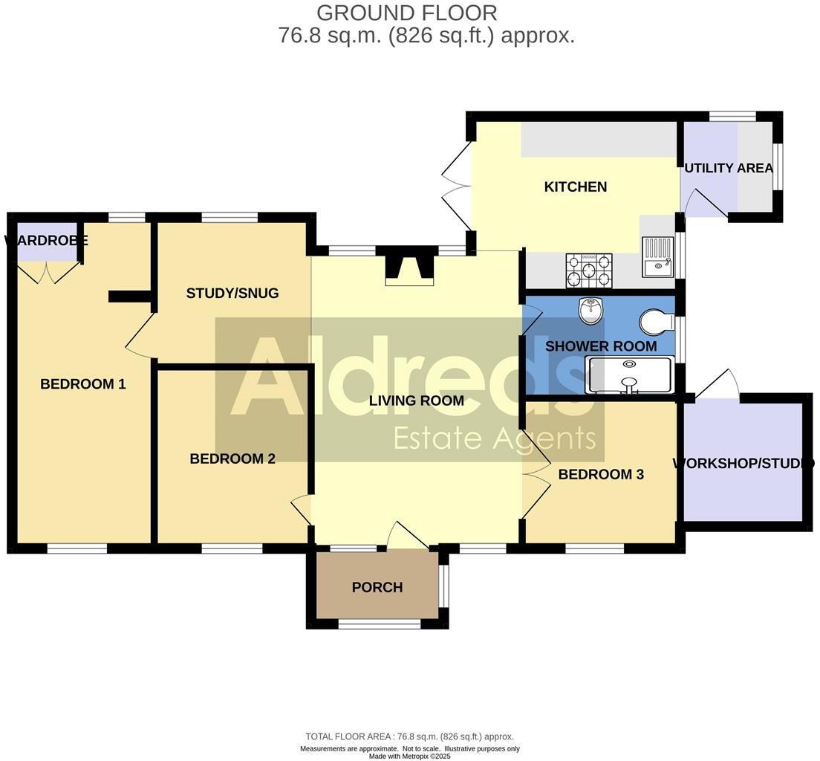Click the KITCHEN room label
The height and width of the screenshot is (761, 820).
click(576, 187)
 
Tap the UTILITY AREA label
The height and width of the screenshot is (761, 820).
click(729, 168)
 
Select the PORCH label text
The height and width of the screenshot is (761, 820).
click(377, 587)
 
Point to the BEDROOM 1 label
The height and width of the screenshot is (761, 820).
click(83, 384)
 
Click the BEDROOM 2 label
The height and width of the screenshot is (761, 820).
click(232, 459)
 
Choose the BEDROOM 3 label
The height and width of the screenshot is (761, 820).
click(601, 474)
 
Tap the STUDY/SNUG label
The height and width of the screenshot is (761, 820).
click(232, 293)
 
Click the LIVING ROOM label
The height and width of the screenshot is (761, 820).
click(417, 401)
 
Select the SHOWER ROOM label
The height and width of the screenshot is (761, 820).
click(601, 346)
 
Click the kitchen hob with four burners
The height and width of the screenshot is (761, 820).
click(590, 271)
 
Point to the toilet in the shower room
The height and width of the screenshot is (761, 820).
click(657, 323)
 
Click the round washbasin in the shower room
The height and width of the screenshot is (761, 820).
click(590, 312)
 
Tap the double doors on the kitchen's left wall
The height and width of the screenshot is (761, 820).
click(455, 186)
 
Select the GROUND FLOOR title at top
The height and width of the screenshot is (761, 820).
click(406, 13)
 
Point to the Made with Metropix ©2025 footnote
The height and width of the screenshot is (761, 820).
click(410, 756)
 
